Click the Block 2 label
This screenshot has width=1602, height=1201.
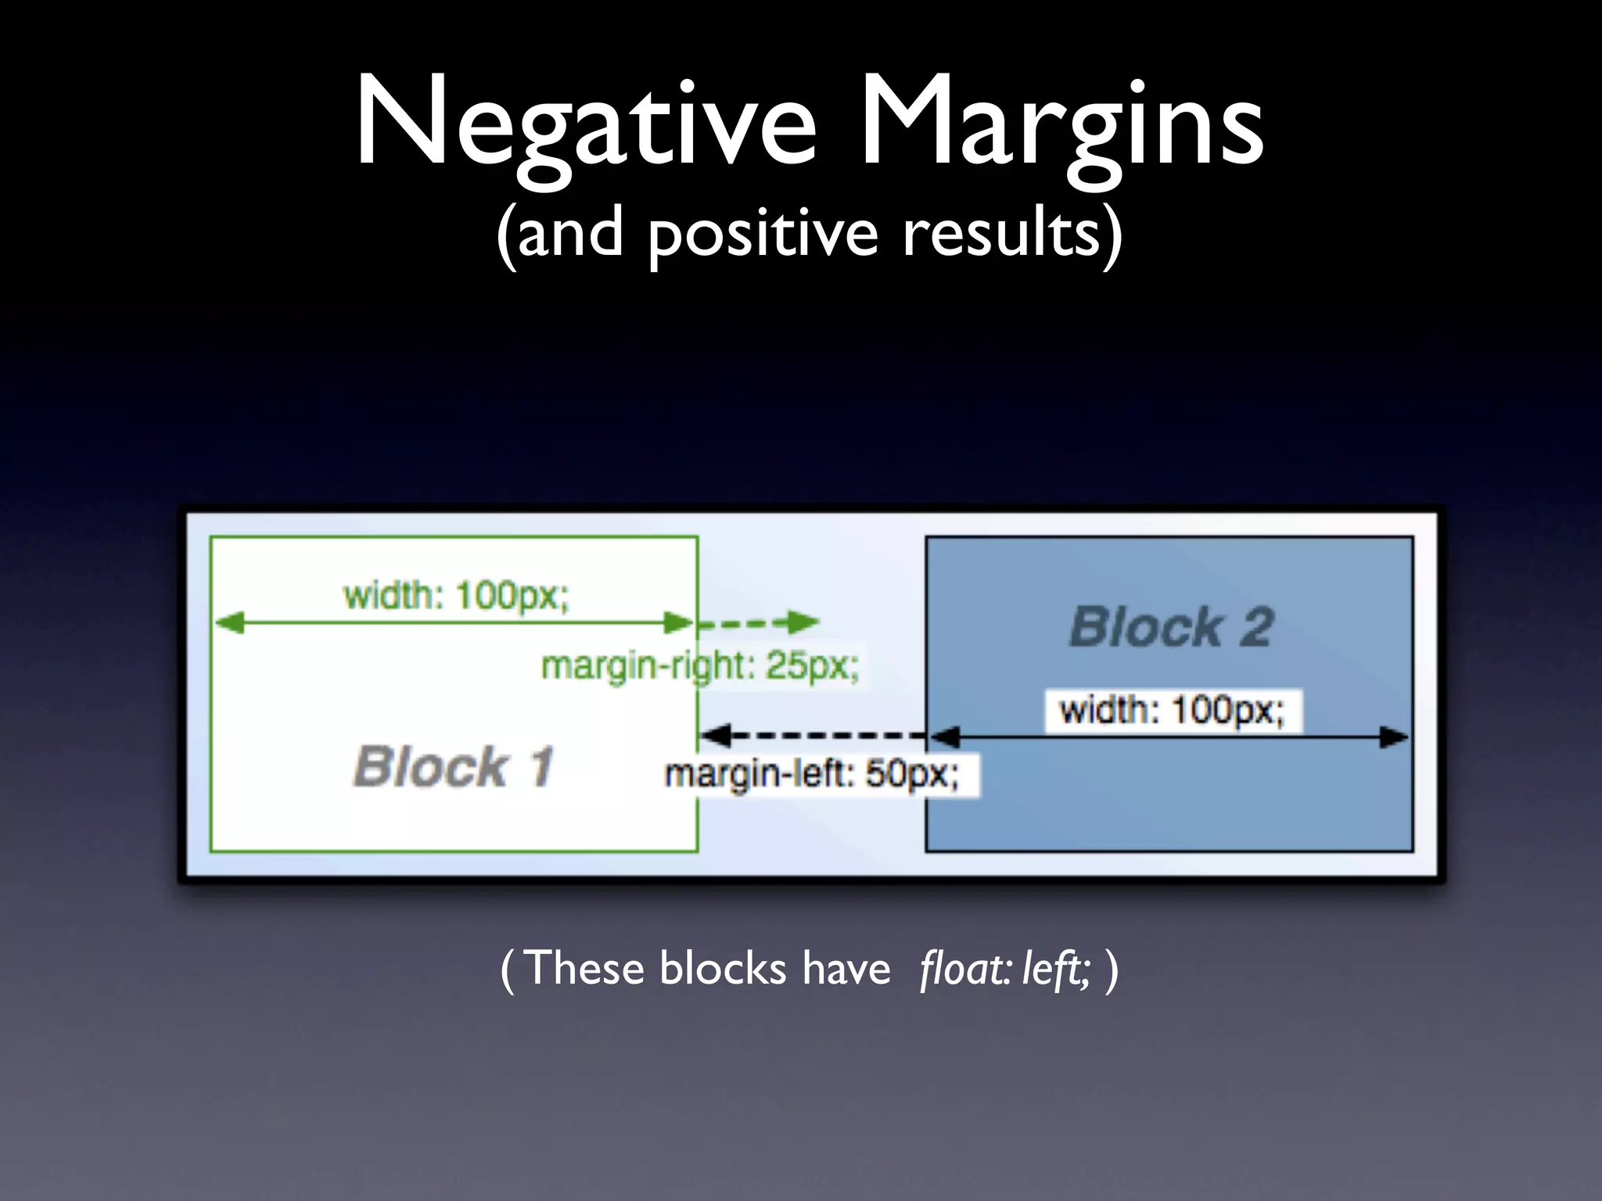[x=1172, y=627]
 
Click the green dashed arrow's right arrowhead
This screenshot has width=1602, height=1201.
[x=803, y=622]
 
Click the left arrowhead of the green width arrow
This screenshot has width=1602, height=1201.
[x=229, y=623]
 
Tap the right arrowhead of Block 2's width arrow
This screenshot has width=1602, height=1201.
[x=1393, y=737]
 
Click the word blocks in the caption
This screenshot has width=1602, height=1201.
[x=723, y=970]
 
